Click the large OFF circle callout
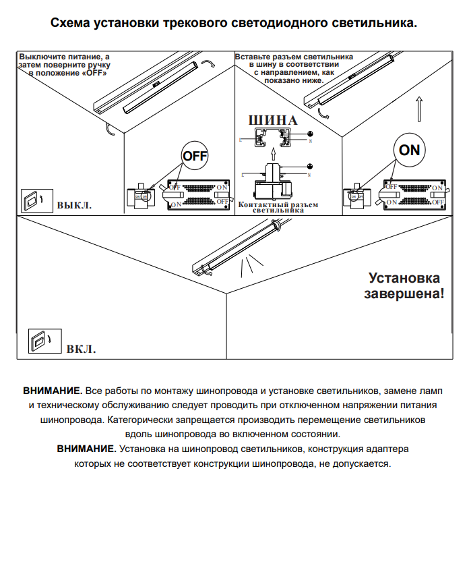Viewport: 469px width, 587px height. click(195, 155)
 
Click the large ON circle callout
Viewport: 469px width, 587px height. click(409, 150)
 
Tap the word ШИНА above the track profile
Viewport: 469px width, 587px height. click(273, 120)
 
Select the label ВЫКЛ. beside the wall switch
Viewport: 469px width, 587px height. click(74, 204)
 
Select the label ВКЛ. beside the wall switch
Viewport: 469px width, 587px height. click(81, 350)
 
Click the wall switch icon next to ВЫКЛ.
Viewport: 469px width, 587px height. click(31, 200)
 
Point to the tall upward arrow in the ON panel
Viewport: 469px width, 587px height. click(418, 108)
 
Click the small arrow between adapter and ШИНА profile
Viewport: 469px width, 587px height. click(272, 153)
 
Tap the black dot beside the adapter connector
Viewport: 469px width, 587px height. click(309, 166)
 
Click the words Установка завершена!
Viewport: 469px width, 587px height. click(404, 285)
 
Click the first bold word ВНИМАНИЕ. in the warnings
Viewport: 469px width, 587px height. click(53, 391)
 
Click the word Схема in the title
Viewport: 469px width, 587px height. click(71, 23)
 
